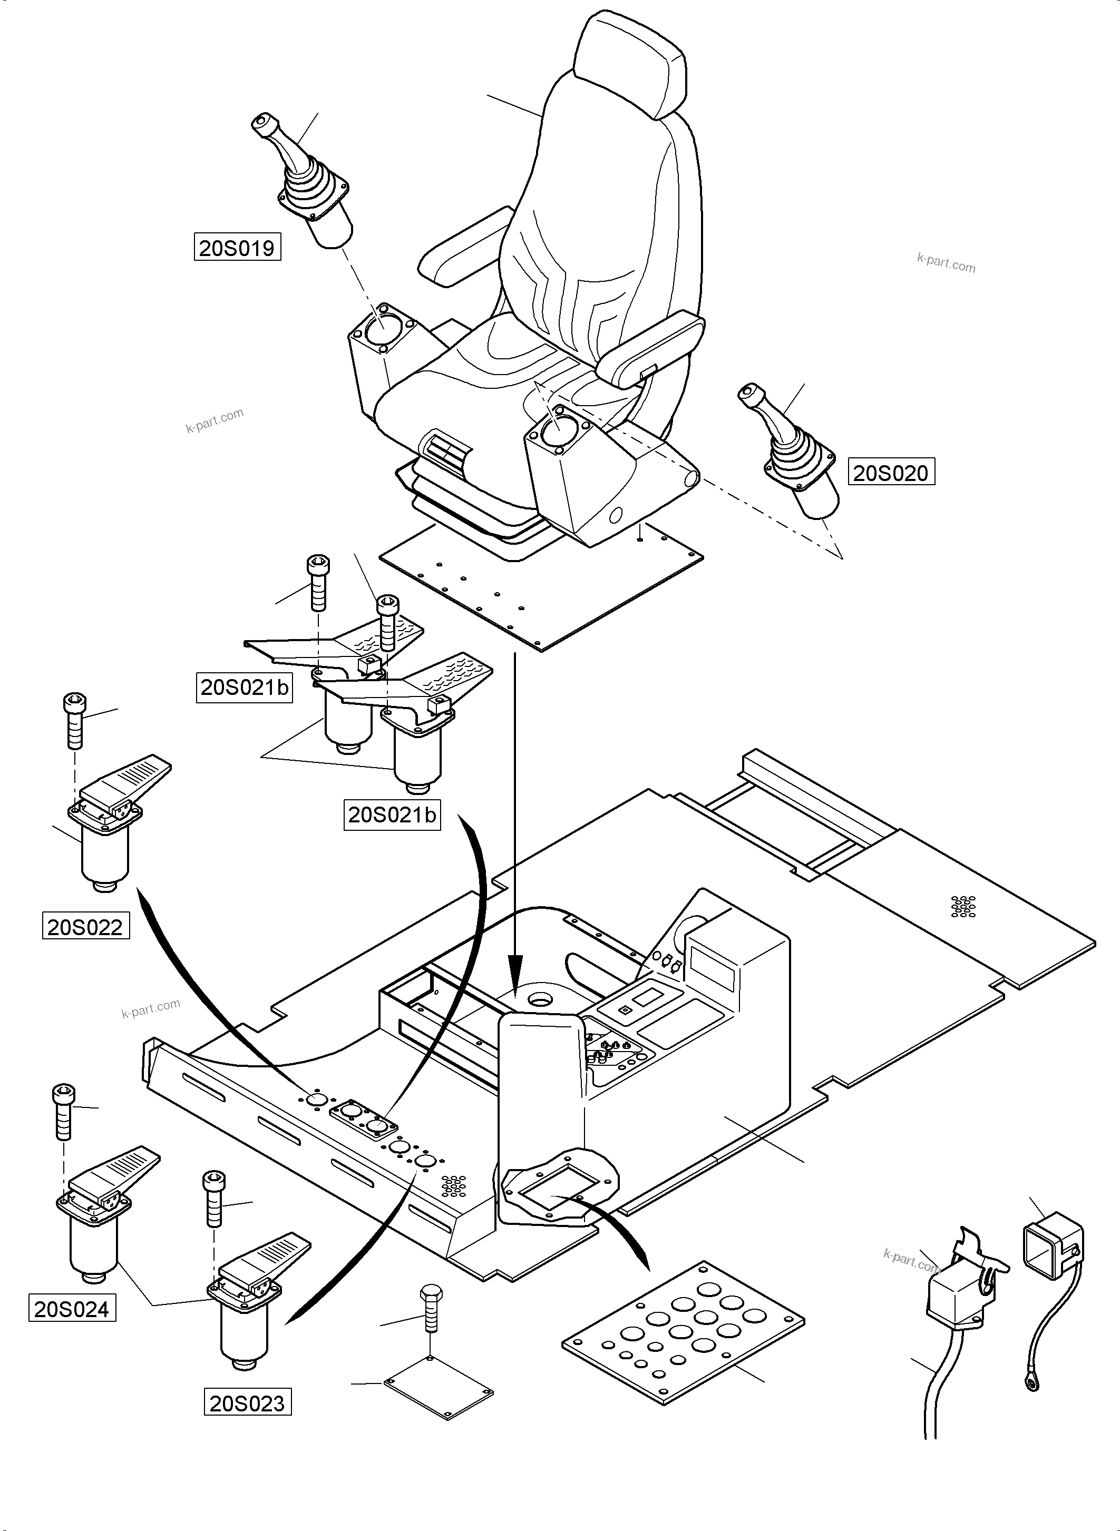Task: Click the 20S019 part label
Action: tap(237, 248)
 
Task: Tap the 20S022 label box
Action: tap(85, 927)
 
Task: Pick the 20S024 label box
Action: tap(72, 1309)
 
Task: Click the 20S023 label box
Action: tap(248, 1403)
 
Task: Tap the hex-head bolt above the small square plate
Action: tap(431, 1311)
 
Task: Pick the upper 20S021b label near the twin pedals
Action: tap(245, 687)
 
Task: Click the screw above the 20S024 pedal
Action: tap(63, 1112)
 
